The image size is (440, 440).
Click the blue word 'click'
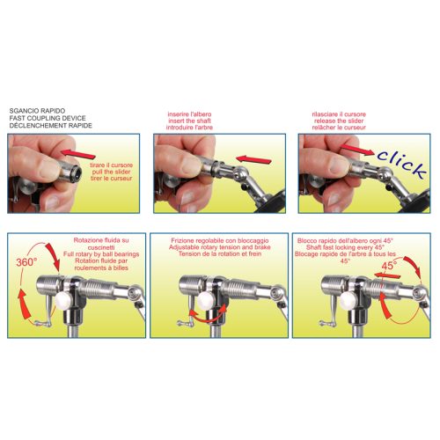[401, 164]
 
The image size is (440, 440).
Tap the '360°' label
[26, 262]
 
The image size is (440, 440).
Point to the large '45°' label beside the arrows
[389, 266]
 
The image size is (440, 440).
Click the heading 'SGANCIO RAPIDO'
[37, 111]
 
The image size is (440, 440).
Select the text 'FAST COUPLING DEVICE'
[48, 118]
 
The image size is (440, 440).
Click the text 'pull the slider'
[111, 172]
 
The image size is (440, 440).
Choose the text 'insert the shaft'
[189, 121]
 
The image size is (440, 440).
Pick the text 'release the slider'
[339, 121]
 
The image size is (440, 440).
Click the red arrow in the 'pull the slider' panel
[77, 153]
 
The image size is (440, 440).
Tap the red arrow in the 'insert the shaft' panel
[253, 159]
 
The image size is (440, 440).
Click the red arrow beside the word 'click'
[357, 149]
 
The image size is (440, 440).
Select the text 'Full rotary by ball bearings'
[101, 254]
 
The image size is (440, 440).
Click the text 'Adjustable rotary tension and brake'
[219, 247]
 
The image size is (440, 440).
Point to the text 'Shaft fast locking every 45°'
[345, 247]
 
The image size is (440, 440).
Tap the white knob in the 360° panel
[64, 299]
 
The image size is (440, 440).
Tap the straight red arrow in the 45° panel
[387, 275]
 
